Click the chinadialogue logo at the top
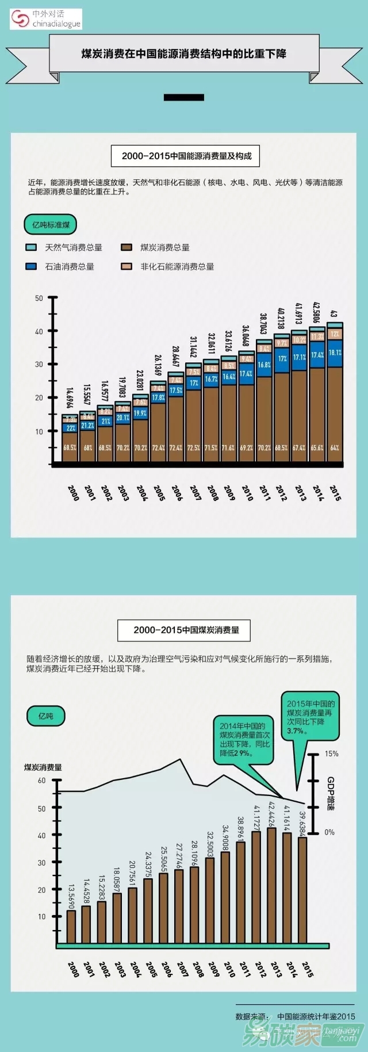(46, 19)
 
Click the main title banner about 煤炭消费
(183, 53)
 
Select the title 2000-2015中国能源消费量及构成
(186, 155)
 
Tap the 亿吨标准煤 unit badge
(51, 224)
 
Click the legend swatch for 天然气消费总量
(32, 247)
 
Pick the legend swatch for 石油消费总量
(32, 266)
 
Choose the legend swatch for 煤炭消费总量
(126, 247)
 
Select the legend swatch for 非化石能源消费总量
(126, 266)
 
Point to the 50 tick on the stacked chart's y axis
(40, 298)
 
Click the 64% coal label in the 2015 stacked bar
(335, 447)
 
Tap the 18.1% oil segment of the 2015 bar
(335, 353)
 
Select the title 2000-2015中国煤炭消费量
(186, 630)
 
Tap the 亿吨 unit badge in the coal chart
(46, 716)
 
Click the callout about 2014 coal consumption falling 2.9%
(243, 739)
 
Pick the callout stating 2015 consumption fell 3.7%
(310, 717)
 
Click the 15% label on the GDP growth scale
(332, 753)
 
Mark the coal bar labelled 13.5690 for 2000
(71, 926)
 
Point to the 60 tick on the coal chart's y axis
(42, 781)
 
